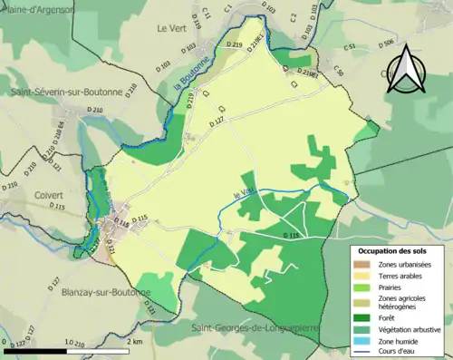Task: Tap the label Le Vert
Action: tap(171, 29)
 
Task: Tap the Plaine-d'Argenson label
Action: tap(36, 8)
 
